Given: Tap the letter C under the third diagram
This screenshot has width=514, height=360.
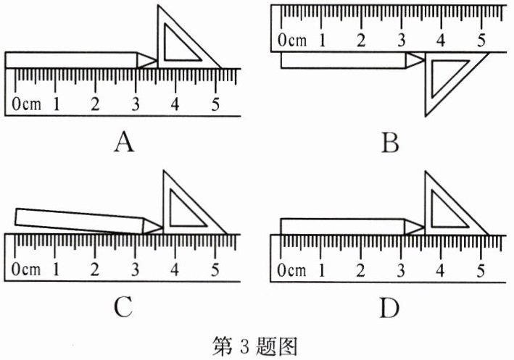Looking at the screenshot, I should tap(124, 309).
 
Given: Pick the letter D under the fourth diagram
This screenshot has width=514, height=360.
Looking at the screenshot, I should tap(389, 309).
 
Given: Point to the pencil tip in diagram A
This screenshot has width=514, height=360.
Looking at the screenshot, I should tap(154, 60).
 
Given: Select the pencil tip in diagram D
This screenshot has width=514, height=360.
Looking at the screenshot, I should tap(423, 227).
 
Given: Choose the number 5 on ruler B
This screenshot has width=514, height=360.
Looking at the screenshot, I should tap(480, 41).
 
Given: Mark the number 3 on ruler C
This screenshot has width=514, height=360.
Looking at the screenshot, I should tap(134, 270).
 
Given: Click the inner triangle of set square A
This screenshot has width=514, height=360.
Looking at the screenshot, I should tap(178, 45).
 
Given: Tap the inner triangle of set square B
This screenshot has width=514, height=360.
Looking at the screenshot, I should tap(444, 79).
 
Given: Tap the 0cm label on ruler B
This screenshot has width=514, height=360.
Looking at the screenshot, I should tap(291, 41).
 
